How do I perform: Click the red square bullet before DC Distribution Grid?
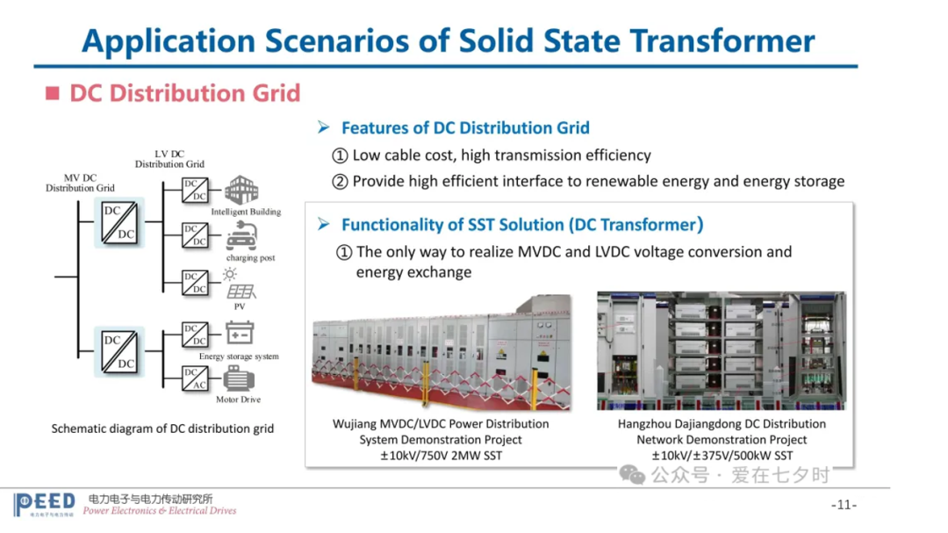coord(53,93)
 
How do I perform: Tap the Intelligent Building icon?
coord(241,190)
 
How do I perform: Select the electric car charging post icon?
coord(242,236)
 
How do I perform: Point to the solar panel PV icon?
coord(240,285)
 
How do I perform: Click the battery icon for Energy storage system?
coord(240,334)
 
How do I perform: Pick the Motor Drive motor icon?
coord(239,379)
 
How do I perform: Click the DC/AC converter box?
coord(195,378)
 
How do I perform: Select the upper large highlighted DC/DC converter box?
coord(119,223)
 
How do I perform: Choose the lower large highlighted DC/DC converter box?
coord(119,352)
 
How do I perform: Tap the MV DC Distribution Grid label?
coord(80,183)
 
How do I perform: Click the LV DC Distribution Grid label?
coord(169,159)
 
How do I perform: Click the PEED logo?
coord(44,504)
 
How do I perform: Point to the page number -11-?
coord(844,505)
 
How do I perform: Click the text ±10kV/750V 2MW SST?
coord(441,456)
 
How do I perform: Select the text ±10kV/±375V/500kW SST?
coord(722,456)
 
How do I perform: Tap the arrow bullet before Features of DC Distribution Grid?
coord(324,127)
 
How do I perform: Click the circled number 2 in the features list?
coord(340,182)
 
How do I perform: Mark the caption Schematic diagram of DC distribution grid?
coord(162,429)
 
